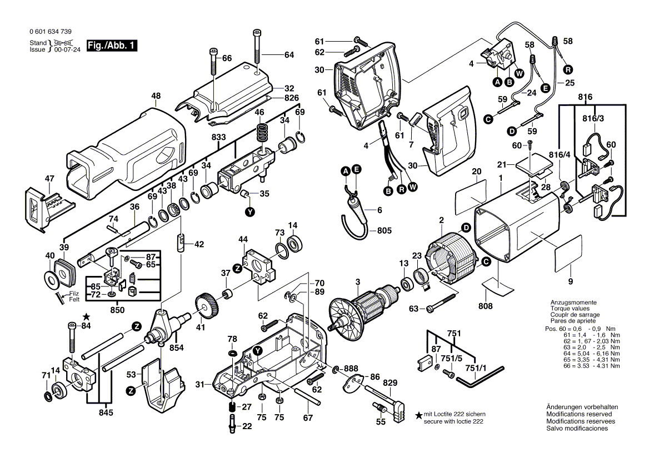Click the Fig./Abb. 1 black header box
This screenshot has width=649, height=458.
[x=112, y=46]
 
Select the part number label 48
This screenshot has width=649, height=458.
[x=155, y=95]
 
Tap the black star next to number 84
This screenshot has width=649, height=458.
[x=86, y=316]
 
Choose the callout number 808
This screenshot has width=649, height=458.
[x=485, y=305]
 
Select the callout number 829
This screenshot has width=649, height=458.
[x=390, y=383]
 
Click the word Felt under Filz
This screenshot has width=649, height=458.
[x=74, y=299]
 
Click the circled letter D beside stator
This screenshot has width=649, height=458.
[x=466, y=227]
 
